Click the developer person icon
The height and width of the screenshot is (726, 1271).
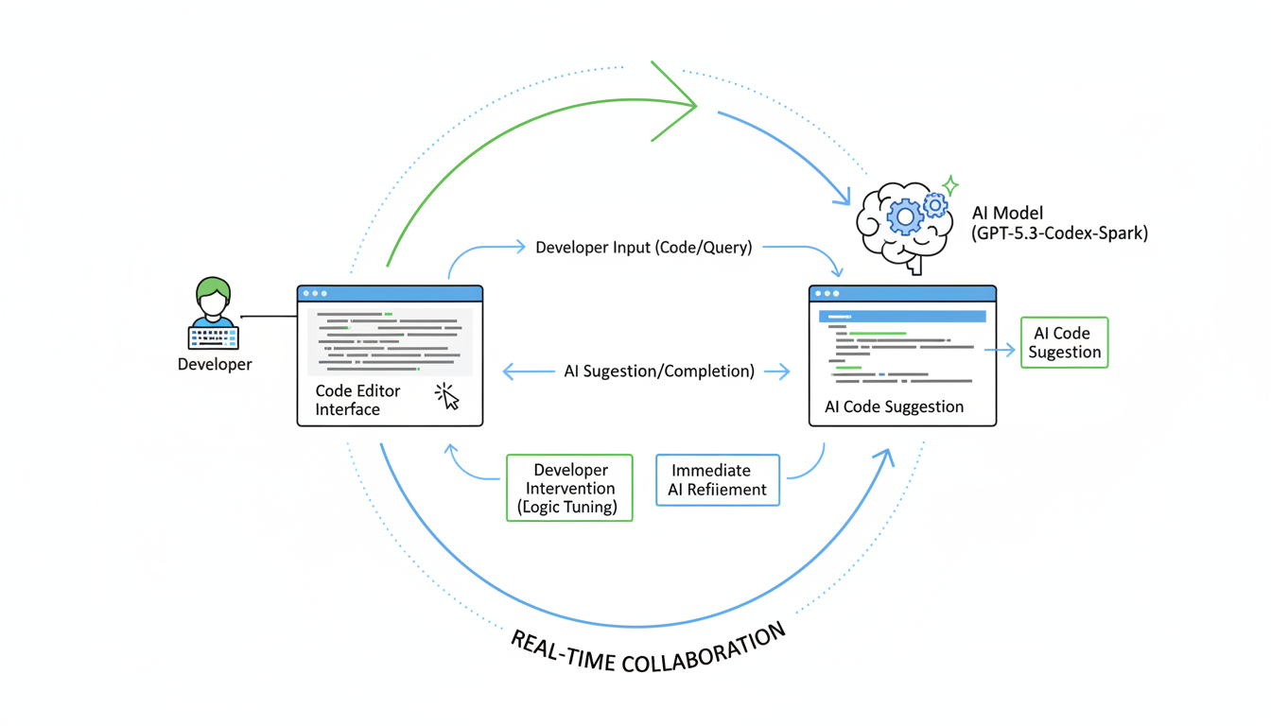tap(214, 301)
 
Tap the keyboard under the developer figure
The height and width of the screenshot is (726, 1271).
tap(214, 337)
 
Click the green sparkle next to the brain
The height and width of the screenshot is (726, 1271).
tap(950, 184)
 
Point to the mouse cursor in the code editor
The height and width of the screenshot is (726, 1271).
tap(447, 396)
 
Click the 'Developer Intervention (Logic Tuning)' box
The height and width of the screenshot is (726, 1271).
tap(568, 488)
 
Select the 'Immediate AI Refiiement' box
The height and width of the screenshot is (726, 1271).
tap(718, 480)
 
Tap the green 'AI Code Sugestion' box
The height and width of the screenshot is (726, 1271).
tap(1064, 342)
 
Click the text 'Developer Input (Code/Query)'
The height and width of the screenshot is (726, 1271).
tap(643, 248)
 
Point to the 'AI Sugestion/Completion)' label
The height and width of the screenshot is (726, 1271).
tap(659, 372)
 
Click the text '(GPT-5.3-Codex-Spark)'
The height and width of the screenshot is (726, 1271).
tap(1059, 233)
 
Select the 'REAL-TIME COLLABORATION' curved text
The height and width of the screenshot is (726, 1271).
tap(649, 648)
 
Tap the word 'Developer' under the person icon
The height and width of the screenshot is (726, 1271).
tap(215, 364)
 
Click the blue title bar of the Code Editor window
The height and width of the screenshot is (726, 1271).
tap(390, 293)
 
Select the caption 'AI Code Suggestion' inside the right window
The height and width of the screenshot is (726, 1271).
tap(893, 406)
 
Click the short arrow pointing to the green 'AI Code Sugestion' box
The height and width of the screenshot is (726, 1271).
tap(1000, 350)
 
